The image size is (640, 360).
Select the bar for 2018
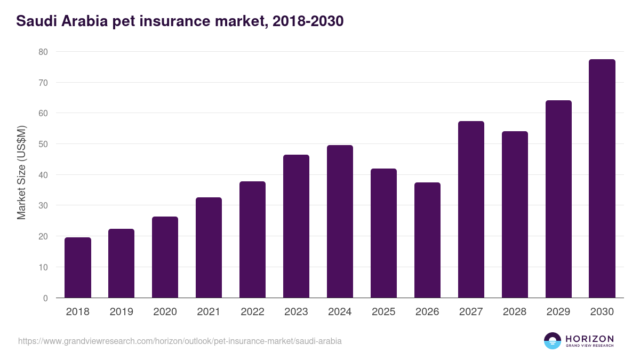point(78,268)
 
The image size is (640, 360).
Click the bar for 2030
point(602,179)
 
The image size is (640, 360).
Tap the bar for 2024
point(340,221)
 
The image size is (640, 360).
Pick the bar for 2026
point(427,240)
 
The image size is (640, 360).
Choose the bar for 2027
point(471,210)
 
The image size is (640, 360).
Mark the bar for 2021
point(209,247)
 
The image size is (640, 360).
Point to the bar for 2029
point(558,199)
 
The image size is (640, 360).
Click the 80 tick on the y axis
point(43,52)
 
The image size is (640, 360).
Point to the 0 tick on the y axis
point(45,298)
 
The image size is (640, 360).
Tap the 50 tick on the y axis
point(43,144)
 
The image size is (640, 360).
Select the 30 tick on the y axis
point(43,206)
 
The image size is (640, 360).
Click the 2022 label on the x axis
point(252,312)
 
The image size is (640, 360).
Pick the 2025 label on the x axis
point(383,312)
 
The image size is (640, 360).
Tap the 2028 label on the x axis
point(515,312)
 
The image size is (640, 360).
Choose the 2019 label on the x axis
point(121,312)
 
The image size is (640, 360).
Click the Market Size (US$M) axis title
point(21,172)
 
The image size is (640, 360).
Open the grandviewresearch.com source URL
point(180,341)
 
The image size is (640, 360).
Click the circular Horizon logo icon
point(553,341)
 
